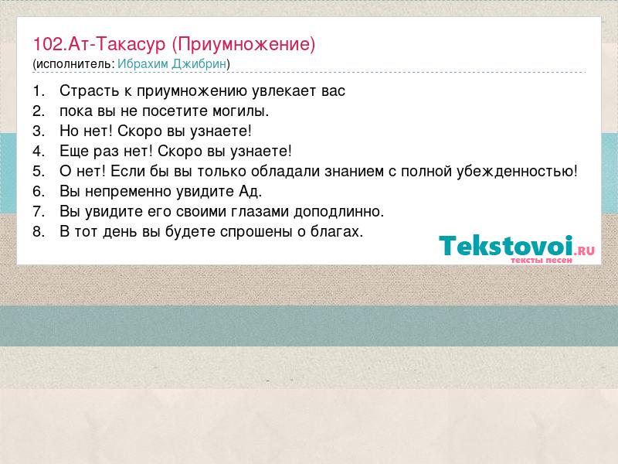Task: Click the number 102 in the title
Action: [x=48, y=44]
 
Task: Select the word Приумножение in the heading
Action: [x=243, y=45]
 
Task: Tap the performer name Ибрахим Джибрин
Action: [x=171, y=64]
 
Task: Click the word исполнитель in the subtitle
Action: [x=73, y=64]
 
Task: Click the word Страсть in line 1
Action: [x=89, y=91]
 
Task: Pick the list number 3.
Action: [x=39, y=131]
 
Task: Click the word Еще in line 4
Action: [x=73, y=151]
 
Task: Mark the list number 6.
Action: [x=39, y=192]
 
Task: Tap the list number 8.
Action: [x=39, y=232]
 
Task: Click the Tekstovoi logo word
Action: [x=506, y=245]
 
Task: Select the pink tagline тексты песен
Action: [x=542, y=260]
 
